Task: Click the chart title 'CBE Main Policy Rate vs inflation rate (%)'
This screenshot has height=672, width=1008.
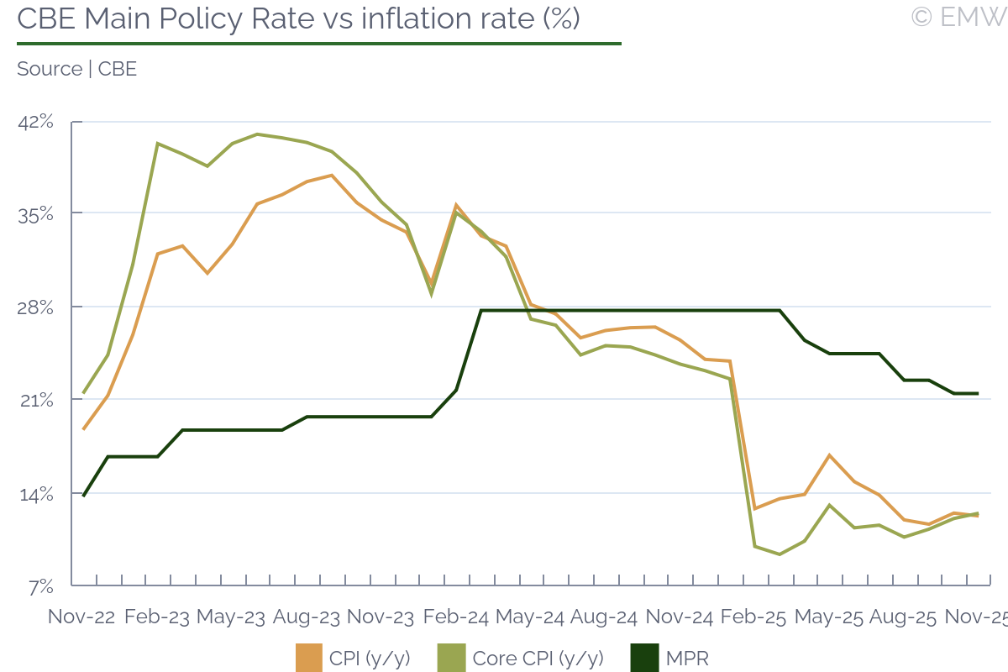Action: (x=298, y=18)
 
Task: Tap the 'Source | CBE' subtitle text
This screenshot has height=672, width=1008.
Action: (x=76, y=69)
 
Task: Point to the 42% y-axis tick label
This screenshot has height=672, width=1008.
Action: (x=36, y=122)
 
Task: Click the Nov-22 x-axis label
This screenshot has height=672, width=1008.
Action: (x=81, y=616)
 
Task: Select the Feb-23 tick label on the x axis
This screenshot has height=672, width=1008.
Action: (x=157, y=616)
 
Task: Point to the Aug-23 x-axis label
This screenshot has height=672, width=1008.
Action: (x=307, y=616)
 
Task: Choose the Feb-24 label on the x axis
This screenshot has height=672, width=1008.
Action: (x=455, y=616)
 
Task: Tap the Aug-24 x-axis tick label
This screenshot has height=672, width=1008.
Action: (x=604, y=616)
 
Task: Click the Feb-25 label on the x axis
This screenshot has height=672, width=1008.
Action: (x=753, y=616)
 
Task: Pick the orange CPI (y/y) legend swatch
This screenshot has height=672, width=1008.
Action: (x=309, y=658)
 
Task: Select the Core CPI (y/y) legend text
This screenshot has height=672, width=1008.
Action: (x=538, y=658)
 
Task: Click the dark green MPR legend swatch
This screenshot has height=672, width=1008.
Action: (x=644, y=658)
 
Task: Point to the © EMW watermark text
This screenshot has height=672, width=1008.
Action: (x=958, y=17)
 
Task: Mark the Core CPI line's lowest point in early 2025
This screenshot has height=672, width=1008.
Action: (x=780, y=554)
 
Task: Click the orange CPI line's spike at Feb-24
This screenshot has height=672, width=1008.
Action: (x=456, y=205)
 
